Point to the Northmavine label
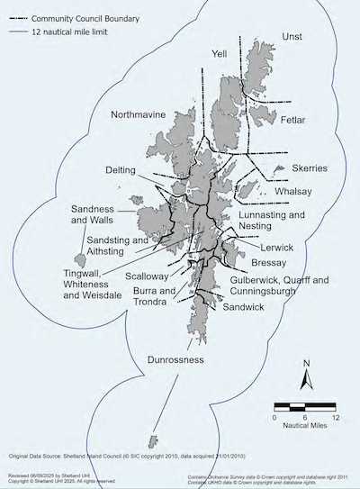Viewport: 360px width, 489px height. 139,115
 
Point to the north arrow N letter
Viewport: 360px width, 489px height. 307,363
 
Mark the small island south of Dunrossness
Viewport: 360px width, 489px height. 152,440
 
